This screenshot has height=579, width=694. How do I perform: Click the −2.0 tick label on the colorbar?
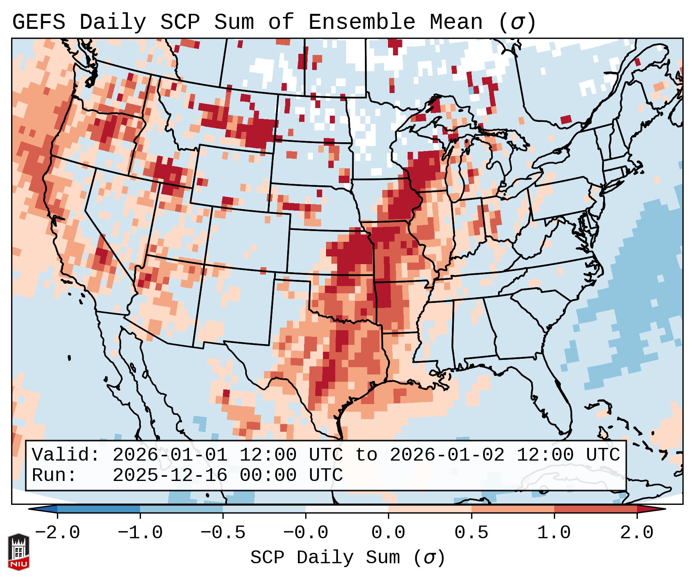click(57, 533)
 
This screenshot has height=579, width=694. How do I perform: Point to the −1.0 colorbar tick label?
click(140, 533)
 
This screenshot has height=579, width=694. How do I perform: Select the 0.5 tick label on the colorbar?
click(472, 533)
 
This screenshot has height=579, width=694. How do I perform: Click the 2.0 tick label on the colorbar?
click(637, 533)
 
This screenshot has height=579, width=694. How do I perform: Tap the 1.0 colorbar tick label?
click(554, 533)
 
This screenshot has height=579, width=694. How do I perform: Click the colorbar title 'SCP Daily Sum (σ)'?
click(348, 557)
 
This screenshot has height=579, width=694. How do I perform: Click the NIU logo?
click(18, 551)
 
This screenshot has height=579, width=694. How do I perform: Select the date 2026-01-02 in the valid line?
click(447, 455)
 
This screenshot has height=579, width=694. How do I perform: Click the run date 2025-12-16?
click(170, 475)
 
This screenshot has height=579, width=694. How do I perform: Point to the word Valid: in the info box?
click(66, 455)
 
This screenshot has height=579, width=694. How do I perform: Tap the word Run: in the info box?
click(54, 475)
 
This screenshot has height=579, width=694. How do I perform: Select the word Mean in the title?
click(456, 22)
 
